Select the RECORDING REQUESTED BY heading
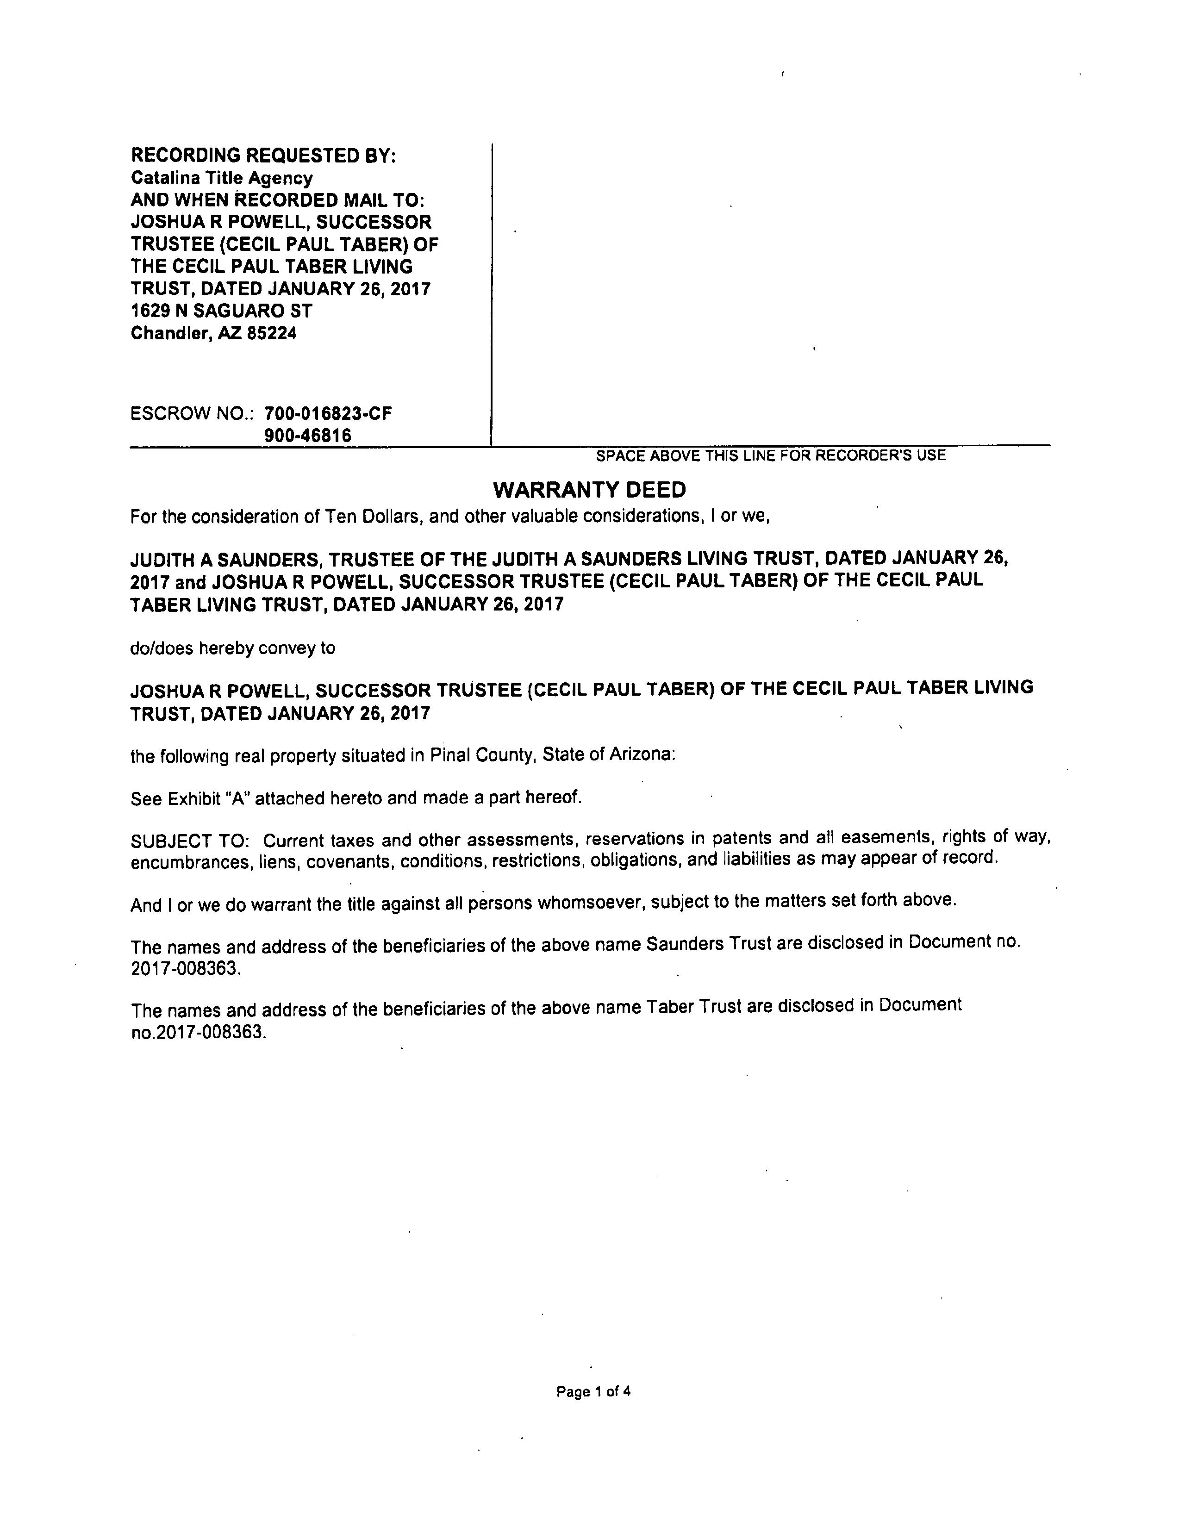[x=263, y=155]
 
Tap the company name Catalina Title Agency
[x=221, y=178]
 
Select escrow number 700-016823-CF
[x=328, y=413]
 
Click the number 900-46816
[x=307, y=435]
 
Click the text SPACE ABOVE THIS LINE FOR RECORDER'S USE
[x=770, y=455]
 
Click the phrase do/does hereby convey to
[x=232, y=648]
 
